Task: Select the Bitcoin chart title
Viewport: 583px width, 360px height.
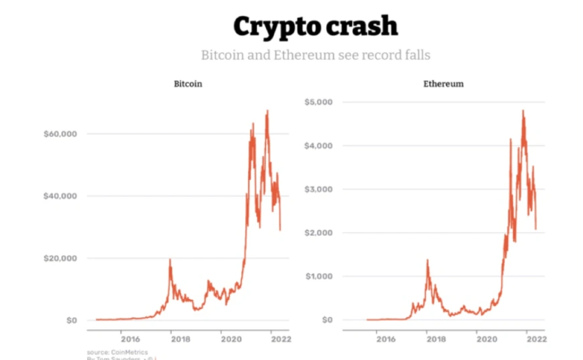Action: (188, 84)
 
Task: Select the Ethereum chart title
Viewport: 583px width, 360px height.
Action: (443, 84)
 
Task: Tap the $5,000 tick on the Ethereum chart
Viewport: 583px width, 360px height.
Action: (320, 102)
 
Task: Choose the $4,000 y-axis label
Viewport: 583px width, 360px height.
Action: (320, 145)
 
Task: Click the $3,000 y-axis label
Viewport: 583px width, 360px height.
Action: (320, 189)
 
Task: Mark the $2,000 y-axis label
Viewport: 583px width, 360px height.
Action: (320, 233)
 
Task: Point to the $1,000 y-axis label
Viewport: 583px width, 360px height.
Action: (320, 276)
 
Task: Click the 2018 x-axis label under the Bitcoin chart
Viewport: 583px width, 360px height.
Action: (180, 339)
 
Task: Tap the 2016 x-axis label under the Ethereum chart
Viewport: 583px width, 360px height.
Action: (386, 339)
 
